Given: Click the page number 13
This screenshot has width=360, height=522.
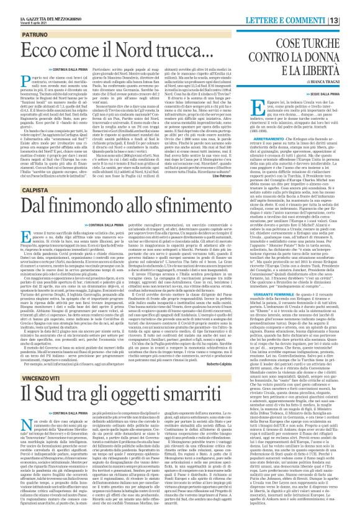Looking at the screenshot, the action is coord(351,5).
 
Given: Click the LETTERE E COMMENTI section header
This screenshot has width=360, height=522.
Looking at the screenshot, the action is coord(310,5).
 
